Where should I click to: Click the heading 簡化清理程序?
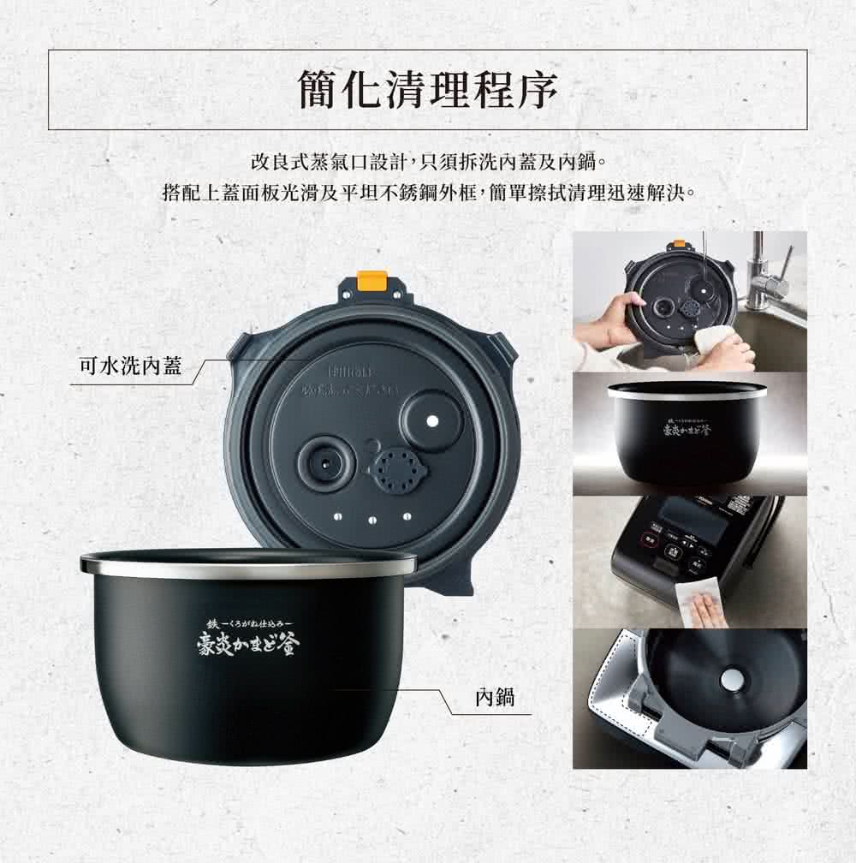(427, 91)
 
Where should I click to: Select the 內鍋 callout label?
(494, 697)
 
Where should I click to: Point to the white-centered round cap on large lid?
(432, 420)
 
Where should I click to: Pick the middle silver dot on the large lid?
(372, 519)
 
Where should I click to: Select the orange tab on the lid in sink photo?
(679, 245)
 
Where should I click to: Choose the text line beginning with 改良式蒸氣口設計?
(427, 160)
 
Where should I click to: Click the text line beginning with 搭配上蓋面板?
(427, 189)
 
